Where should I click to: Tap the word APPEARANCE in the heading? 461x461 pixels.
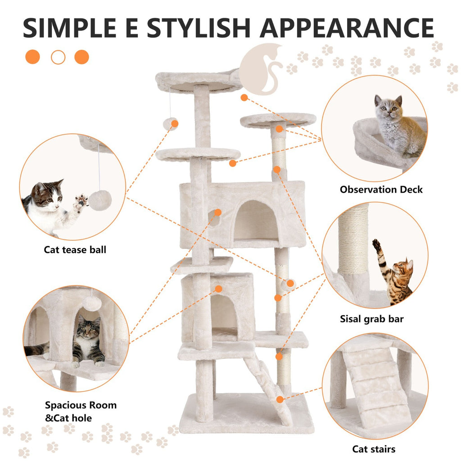(x=347, y=28)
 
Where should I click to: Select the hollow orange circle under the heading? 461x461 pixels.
(x=58, y=57)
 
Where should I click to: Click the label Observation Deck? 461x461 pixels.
(x=381, y=190)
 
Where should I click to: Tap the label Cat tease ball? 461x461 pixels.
(x=75, y=249)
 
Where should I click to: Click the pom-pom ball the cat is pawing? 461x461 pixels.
(x=99, y=199)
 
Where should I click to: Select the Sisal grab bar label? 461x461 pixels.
(x=372, y=319)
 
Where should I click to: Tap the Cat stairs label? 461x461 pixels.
(x=374, y=449)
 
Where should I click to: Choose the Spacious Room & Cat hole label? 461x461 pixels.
(x=81, y=411)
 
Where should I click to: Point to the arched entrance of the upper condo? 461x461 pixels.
(x=255, y=221)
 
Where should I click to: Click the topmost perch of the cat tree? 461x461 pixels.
(x=198, y=81)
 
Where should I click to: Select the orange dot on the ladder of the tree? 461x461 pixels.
(x=280, y=399)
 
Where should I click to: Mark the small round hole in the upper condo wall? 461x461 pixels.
(x=214, y=218)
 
